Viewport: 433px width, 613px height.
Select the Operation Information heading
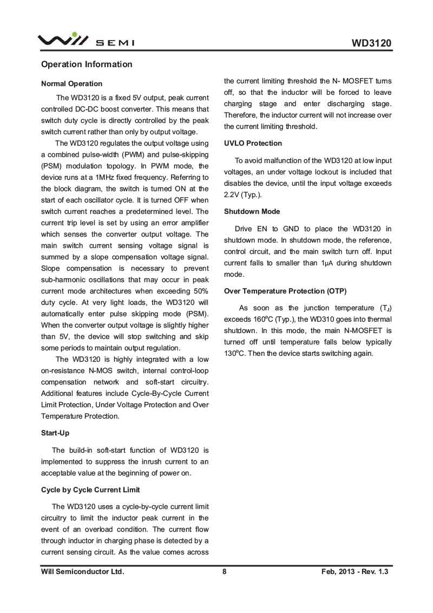[x=87, y=64]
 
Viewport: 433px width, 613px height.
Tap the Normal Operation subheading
[x=71, y=84]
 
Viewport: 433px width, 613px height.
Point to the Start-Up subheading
[x=55, y=433]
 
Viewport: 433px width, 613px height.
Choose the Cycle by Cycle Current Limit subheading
[x=90, y=490]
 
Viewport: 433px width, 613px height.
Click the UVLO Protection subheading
[x=253, y=144]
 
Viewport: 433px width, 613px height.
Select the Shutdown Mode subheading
[x=252, y=212]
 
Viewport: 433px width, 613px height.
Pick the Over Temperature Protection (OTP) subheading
[x=285, y=291]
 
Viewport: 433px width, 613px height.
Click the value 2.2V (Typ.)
[x=242, y=194]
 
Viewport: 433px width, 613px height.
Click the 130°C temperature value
[x=234, y=354]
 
